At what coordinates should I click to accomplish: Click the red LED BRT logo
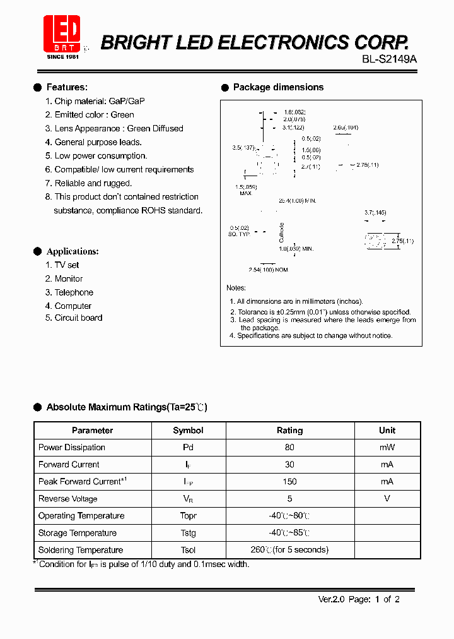click(61, 34)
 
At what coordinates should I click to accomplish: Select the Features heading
click(67, 87)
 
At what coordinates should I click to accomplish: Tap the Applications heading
click(73, 251)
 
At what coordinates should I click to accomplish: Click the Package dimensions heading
click(278, 87)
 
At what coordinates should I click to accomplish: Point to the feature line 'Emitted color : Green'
click(90, 115)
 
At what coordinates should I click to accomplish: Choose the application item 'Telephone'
click(69, 292)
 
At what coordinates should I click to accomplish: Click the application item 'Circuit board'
click(74, 318)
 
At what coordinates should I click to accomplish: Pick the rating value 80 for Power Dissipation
click(289, 447)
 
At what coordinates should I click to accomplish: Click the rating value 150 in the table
click(289, 481)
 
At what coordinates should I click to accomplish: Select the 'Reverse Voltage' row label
click(68, 499)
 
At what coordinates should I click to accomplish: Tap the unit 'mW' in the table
click(387, 447)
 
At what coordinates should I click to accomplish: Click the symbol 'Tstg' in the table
click(188, 533)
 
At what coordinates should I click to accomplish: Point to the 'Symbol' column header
click(188, 431)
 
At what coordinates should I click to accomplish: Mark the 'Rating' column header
click(289, 431)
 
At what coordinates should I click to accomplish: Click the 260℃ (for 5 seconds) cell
click(289, 550)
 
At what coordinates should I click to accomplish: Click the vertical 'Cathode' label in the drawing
click(282, 232)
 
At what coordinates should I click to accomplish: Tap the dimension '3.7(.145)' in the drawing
click(375, 213)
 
